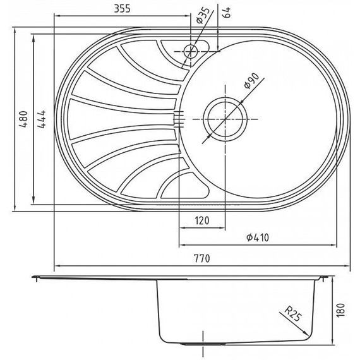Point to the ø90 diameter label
[251, 82]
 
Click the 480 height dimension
[23, 119]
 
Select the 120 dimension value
[201, 220]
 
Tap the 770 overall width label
[201, 259]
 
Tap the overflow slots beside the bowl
[178, 119]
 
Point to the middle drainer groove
[120, 118]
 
